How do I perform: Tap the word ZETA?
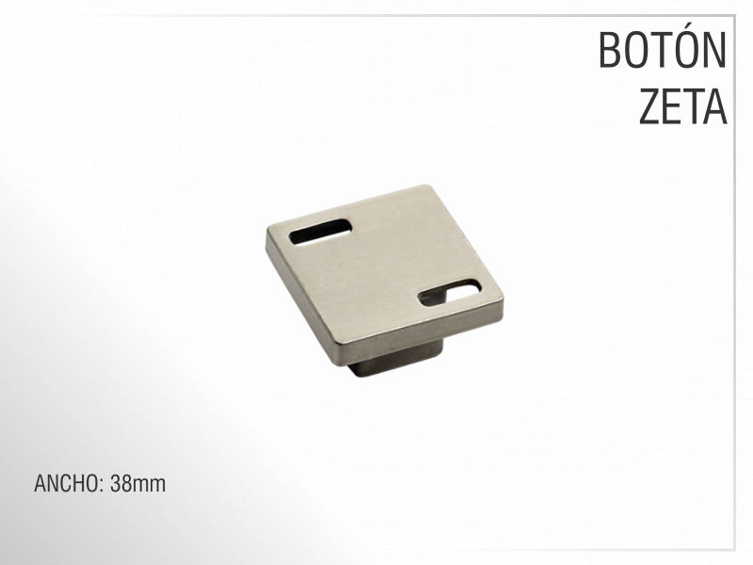tap(682, 106)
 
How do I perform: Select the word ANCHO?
tap(66, 483)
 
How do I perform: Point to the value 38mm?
tap(137, 483)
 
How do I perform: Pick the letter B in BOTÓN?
tap(610, 50)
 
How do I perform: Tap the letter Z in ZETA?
tap(649, 106)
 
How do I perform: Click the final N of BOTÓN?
tap(715, 50)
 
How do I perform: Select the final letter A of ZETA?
tap(715, 106)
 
